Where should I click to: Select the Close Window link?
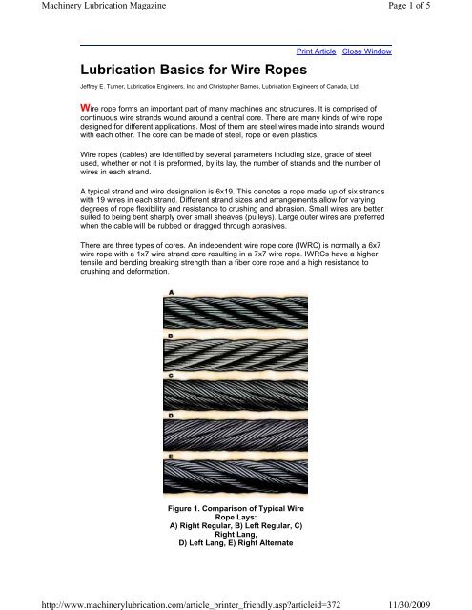pyautogui.click(x=367, y=51)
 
